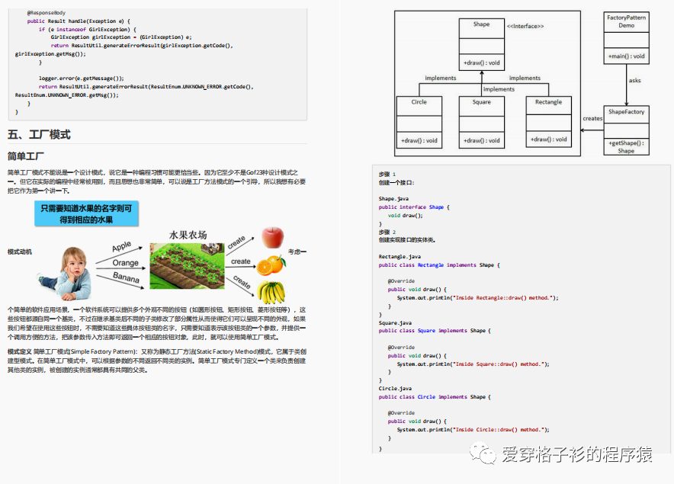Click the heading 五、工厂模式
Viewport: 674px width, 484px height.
click(39, 135)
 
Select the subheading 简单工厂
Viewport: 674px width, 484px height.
click(27, 156)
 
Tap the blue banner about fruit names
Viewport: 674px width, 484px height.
click(86, 213)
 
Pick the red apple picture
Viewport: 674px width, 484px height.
click(271, 237)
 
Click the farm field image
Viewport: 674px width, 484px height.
click(186, 264)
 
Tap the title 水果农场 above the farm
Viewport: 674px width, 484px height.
click(188, 235)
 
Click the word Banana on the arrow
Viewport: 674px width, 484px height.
click(126, 278)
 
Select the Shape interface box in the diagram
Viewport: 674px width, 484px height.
click(481, 43)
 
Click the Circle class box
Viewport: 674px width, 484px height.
click(419, 120)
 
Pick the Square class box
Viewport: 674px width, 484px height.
click(481, 120)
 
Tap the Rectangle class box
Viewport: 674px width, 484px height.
click(548, 120)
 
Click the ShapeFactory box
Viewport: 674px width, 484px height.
click(626, 130)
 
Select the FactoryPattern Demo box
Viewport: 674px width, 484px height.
click(626, 37)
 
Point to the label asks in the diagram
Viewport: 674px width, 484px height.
click(634, 80)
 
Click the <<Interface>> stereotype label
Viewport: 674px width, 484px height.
click(525, 27)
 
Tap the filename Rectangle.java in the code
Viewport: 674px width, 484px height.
click(400, 257)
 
